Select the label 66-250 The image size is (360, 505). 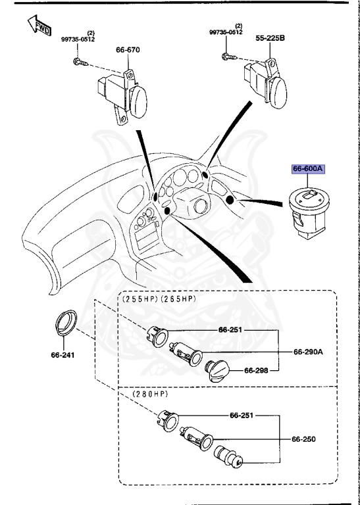click(x=304, y=437)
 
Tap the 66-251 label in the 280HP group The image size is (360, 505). click(x=242, y=416)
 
